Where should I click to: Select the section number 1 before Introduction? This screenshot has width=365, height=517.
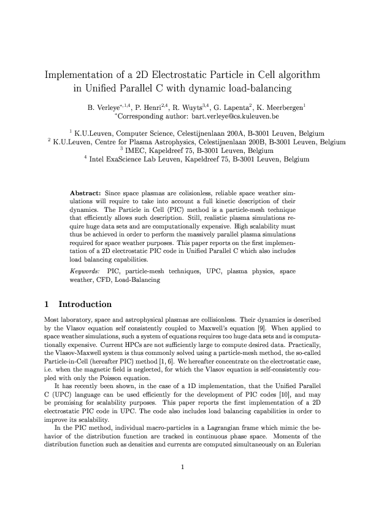click(47, 304)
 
